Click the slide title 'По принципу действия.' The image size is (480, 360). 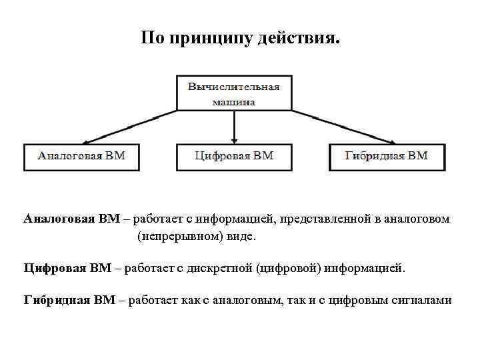240,39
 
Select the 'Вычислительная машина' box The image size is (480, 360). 233,93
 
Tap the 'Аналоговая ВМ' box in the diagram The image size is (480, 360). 81,157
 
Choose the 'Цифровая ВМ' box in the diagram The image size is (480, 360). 234,157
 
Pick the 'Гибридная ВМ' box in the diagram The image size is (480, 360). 387,157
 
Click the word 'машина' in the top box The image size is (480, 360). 234,103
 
